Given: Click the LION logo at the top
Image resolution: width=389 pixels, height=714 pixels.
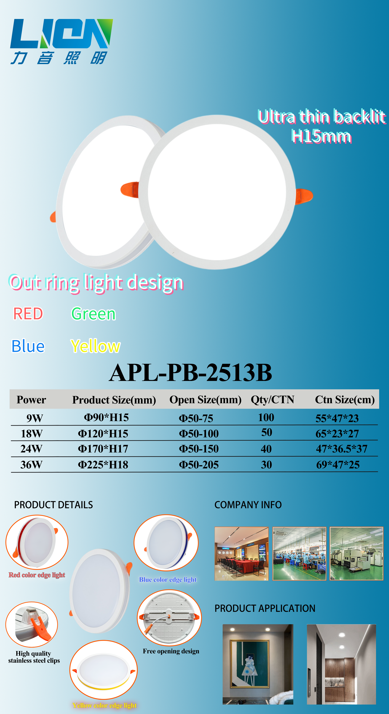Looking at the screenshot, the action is point(62,42).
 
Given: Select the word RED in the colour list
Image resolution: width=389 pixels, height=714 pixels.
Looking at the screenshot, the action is point(28,314).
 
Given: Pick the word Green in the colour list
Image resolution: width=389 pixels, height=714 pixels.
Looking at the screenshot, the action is point(93,314).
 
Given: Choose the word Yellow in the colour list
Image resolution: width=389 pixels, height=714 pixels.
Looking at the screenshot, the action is point(95,347).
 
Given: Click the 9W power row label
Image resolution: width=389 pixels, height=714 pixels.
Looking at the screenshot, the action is point(35,418).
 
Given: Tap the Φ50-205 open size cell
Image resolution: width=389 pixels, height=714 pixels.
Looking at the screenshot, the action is point(199,465).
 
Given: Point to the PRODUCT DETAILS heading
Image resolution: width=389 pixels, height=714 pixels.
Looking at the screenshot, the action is point(54,505).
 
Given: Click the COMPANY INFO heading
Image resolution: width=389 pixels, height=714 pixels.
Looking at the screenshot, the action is point(248,505).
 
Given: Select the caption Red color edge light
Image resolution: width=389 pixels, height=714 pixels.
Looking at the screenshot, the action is point(37,575).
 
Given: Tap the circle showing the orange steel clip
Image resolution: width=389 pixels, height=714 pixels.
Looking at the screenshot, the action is point(32,624).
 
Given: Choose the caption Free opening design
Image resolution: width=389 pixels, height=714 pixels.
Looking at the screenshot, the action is point(171,651).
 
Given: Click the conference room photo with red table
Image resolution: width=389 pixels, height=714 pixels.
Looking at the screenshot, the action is point(241,554).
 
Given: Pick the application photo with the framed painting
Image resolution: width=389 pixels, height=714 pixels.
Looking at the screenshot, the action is point(258,664).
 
